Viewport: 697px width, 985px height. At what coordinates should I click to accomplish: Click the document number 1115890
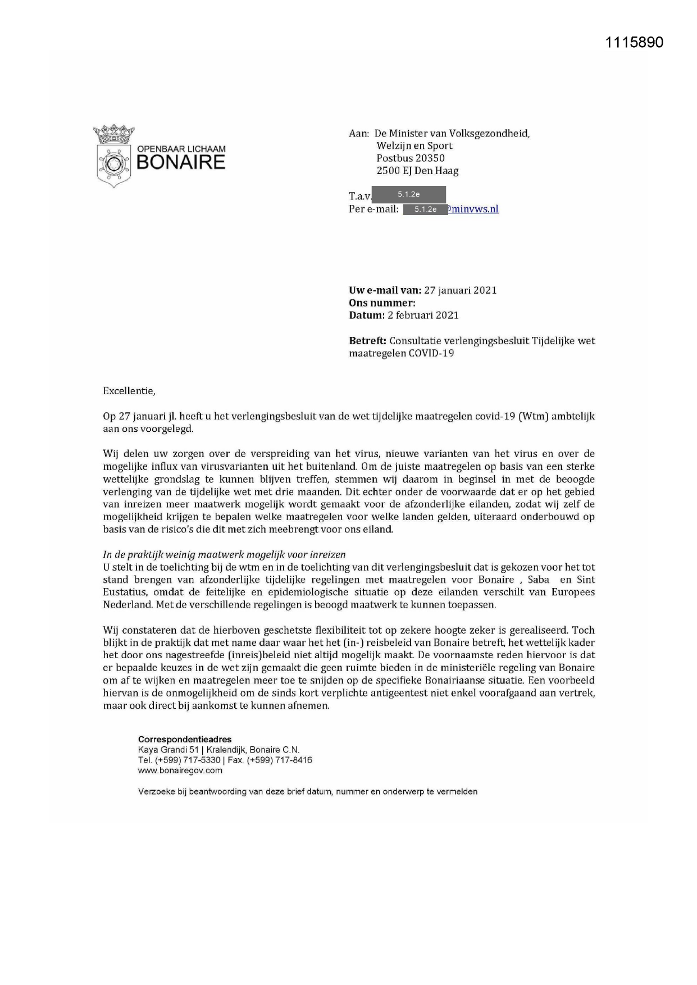[635, 43]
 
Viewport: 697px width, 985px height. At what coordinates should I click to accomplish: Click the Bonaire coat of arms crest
[114, 156]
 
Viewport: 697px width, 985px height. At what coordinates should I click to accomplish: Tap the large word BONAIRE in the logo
[180, 162]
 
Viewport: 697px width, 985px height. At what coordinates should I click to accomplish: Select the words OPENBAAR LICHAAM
[181, 149]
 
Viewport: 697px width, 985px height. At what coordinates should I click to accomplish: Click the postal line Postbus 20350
[411, 158]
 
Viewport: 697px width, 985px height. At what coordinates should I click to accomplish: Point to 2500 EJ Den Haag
[417, 171]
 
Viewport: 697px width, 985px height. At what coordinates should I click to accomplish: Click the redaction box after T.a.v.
[409, 194]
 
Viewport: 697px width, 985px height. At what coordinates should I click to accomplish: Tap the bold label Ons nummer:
[382, 303]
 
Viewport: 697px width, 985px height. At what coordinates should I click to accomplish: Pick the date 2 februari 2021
[423, 315]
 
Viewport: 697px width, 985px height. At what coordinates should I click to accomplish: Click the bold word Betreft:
[367, 341]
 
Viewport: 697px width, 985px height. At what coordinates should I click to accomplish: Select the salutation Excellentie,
[129, 391]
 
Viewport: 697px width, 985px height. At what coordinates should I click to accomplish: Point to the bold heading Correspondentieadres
[185, 740]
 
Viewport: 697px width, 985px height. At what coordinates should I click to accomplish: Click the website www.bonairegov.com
[180, 770]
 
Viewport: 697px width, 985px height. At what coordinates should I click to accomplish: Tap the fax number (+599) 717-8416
[280, 760]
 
